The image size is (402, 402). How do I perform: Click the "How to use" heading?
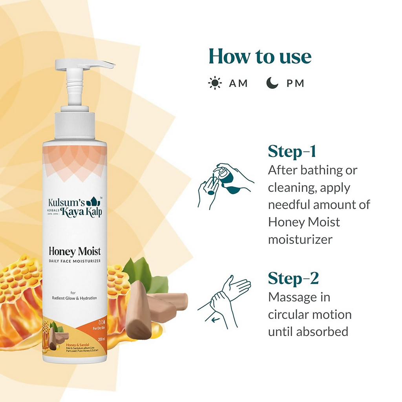(260, 57)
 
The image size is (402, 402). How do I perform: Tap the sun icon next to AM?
(214, 83)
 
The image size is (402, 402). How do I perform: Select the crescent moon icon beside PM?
(272, 83)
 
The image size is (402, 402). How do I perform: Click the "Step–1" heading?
(292, 151)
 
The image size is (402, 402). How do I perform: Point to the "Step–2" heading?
(293, 278)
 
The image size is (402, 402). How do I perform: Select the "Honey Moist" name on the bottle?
(75, 251)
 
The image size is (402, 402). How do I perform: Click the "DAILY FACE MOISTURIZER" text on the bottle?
(75, 261)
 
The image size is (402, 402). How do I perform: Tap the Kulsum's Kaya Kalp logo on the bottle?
(75, 207)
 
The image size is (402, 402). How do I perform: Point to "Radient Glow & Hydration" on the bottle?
(75, 298)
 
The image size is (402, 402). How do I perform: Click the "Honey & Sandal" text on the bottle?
(78, 345)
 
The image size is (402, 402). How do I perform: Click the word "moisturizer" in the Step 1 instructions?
(300, 239)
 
